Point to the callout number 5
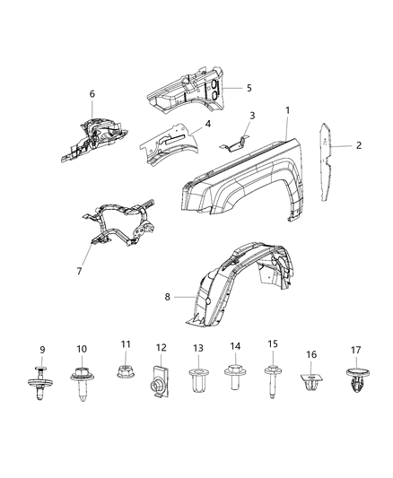(x=249, y=88)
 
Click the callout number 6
(x=92, y=93)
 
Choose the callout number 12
(x=162, y=347)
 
